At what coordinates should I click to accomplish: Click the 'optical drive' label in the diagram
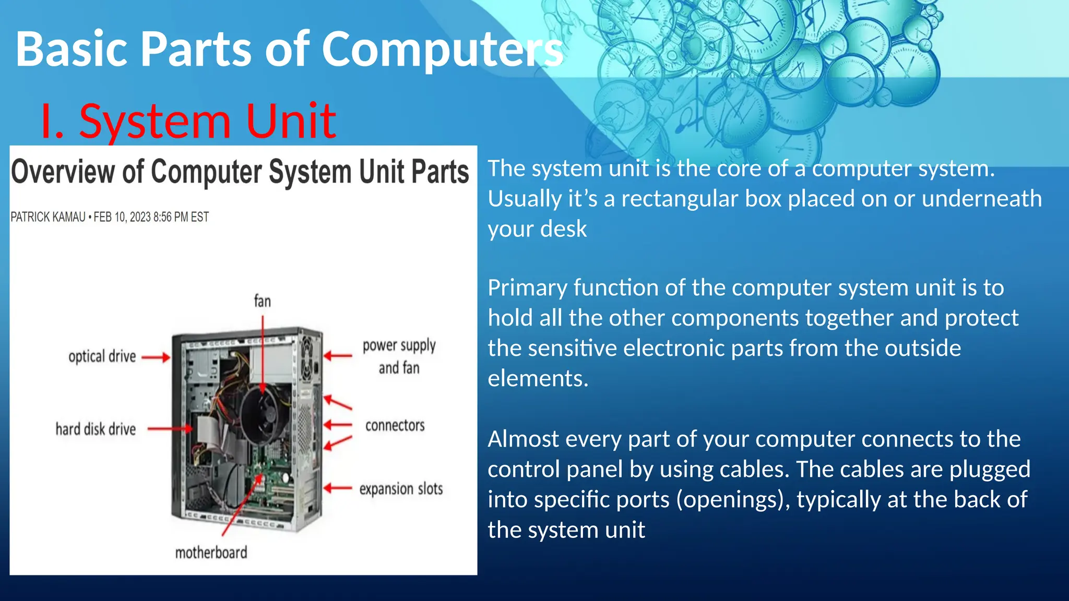(x=102, y=356)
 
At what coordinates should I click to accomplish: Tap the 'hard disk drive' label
(x=96, y=429)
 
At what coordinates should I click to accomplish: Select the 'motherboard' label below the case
(x=211, y=552)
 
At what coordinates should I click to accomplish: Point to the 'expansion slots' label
(x=401, y=489)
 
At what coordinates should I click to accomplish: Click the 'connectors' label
(x=395, y=426)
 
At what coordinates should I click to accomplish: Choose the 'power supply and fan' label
(x=399, y=356)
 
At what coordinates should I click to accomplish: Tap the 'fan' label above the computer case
(x=262, y=301)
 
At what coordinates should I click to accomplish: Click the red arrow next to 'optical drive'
(x=156, y=357)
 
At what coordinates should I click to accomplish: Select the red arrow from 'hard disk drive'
(x=170, y=429)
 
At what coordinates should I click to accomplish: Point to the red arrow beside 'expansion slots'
(x=338, y=488)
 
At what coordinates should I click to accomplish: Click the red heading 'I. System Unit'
(x=188, y=121)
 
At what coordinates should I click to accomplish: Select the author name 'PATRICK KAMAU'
(x=48, y=217)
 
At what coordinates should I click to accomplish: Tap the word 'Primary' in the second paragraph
(x=527, y=288)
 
